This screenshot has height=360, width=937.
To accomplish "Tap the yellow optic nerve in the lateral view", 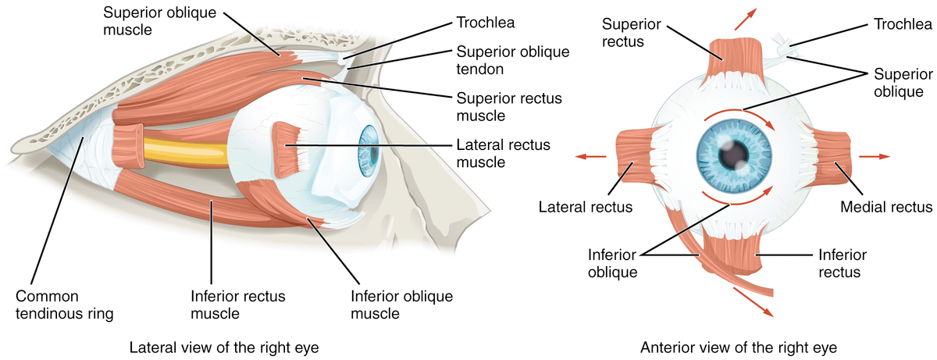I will (x=183, y=148).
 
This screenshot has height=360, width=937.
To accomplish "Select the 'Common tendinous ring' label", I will (x=65, y=305).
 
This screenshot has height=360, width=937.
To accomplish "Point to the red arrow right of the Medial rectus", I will (x=874, y=156).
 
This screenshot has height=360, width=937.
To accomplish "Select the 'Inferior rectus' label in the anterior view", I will (x=839, y=263).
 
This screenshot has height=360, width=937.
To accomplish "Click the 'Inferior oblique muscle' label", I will (x=401, y=305).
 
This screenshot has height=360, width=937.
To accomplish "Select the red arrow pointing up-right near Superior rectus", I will (x=751, y=15).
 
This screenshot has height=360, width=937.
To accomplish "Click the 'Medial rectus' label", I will (x=885, y=207).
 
